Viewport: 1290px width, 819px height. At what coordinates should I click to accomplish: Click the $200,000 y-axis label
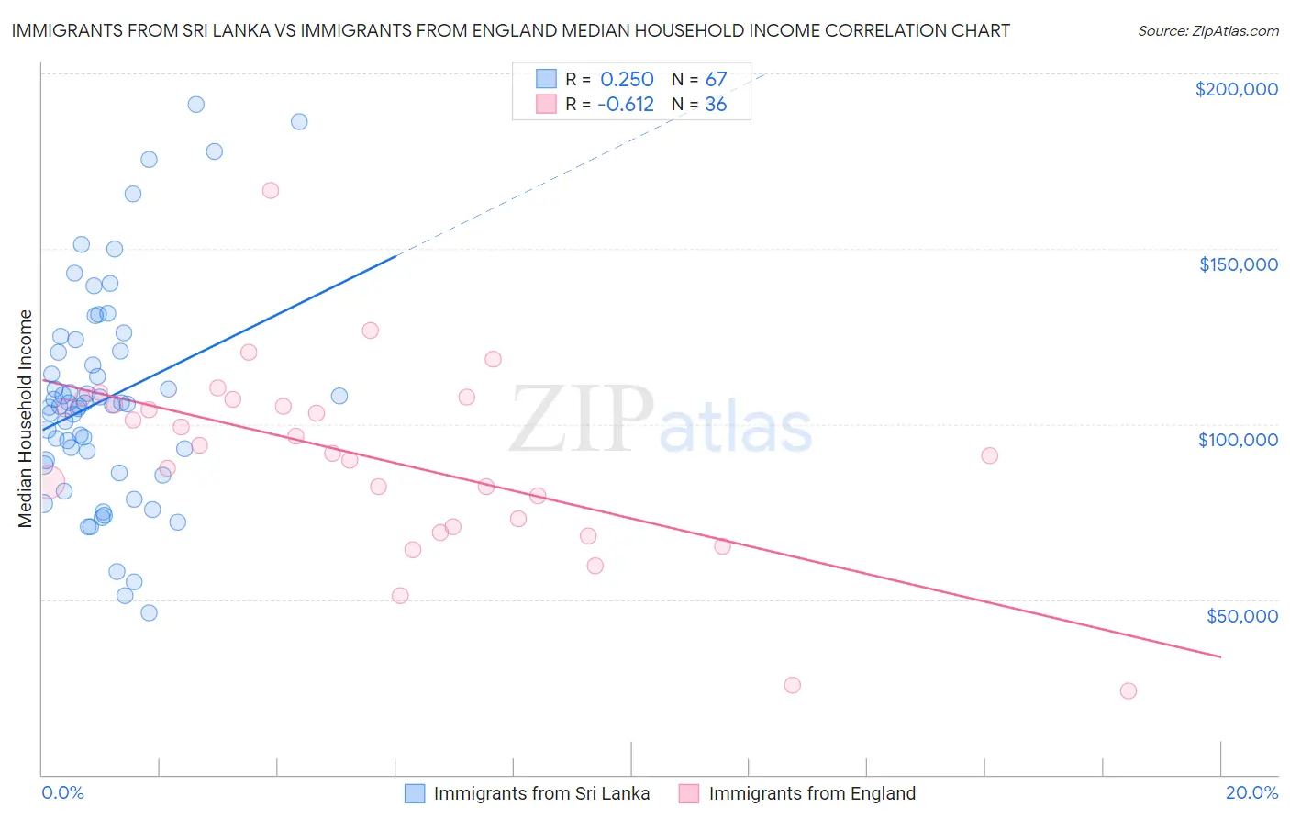(1236, 89)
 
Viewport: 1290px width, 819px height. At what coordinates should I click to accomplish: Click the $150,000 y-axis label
(1238, 264)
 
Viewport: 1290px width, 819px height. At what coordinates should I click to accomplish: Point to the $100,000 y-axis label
(1238, 440)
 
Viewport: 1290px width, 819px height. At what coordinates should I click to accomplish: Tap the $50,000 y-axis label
(1241, 615)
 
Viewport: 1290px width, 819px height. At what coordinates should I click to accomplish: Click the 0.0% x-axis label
(62, 792)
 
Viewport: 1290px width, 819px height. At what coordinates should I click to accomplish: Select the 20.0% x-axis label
(1251, 792)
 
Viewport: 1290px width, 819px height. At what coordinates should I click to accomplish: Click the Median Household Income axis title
(26, 419)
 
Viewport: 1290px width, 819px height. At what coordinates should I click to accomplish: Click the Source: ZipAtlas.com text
(1207, 30)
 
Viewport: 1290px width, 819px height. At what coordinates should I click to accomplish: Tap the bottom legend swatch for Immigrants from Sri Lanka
(415, 793)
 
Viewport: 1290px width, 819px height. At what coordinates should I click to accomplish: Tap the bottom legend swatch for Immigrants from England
(689, 793)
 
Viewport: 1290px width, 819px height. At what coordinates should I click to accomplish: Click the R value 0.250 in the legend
(627, 80)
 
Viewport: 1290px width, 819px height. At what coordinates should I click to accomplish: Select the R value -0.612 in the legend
(625, 105)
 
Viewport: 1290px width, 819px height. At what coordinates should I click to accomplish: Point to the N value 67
(716, 80)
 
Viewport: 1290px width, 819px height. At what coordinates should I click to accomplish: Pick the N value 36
(716, 105)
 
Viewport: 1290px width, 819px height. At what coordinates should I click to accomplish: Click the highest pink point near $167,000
(270, 191)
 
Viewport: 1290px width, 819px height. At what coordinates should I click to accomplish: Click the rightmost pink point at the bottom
(1129, 690)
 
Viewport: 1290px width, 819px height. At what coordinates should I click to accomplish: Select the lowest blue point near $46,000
(149, 612)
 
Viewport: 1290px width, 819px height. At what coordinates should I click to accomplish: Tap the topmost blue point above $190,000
(195, 105)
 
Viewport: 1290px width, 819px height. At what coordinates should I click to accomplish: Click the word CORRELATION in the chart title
(844, 30)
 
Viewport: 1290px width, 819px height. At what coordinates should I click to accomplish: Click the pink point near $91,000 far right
(989, 455)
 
